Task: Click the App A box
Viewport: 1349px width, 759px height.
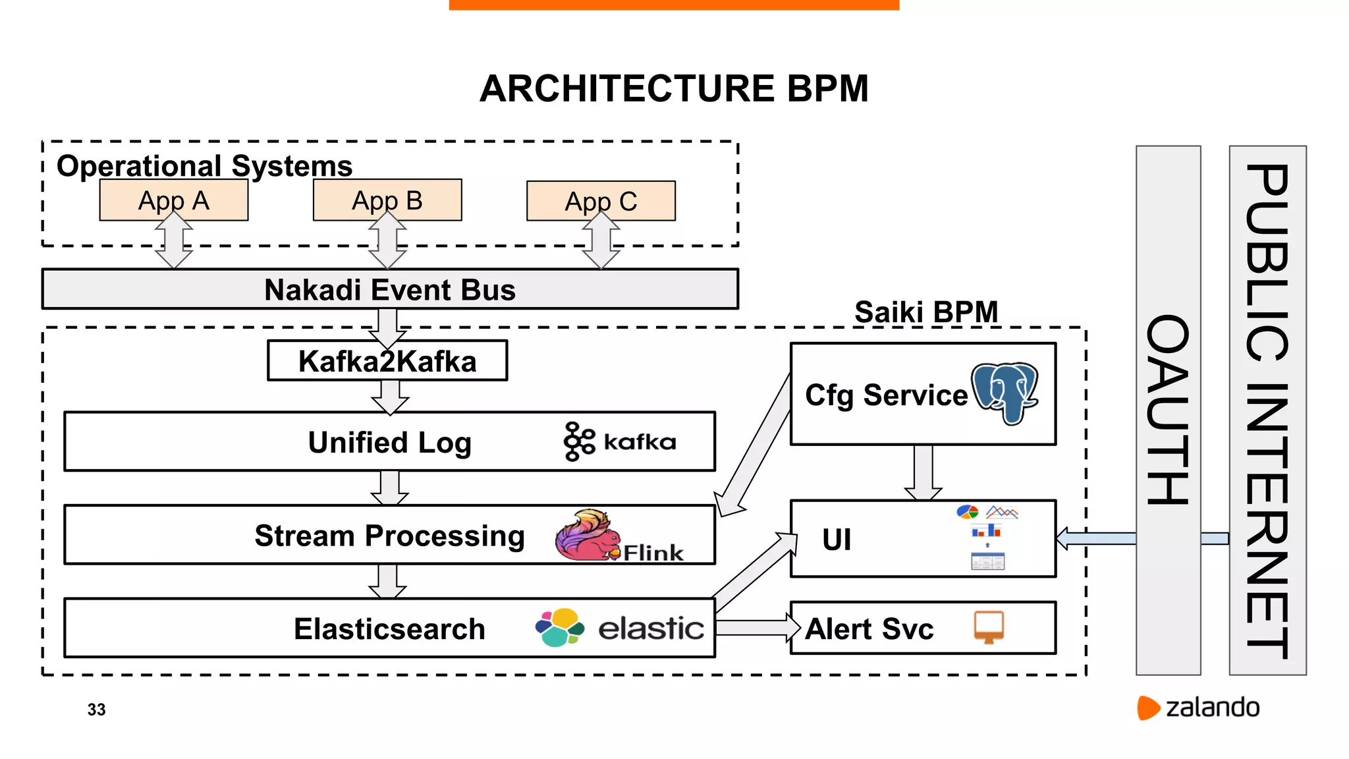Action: (x=174, y=200)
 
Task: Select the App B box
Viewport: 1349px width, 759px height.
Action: (x=387, y=200)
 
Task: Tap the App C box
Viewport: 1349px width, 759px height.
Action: (x=601, y=201)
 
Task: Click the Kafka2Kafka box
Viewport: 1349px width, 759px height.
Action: (x=387, y=361)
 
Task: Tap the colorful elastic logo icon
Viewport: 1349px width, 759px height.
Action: (x=559, y=627)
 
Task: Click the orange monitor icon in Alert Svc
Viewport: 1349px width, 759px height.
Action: (x=989, y=627)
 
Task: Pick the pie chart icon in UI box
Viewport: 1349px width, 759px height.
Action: (x=967, y=512)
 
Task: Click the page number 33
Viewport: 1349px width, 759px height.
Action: (x=96, y=710)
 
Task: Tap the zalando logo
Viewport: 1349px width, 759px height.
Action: (x=1198, y=708)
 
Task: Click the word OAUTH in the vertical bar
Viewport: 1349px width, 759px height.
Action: (x=1168, y=410)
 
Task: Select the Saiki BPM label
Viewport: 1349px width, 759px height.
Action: (x=926, y=312)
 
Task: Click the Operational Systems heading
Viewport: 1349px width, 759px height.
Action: (x=204, y=165)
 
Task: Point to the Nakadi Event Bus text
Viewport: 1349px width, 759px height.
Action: (x=390, y=290)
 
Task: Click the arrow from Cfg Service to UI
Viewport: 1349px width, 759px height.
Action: (x=923, y=473)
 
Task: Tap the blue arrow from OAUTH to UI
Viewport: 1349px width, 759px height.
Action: (x=1097, y=538)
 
